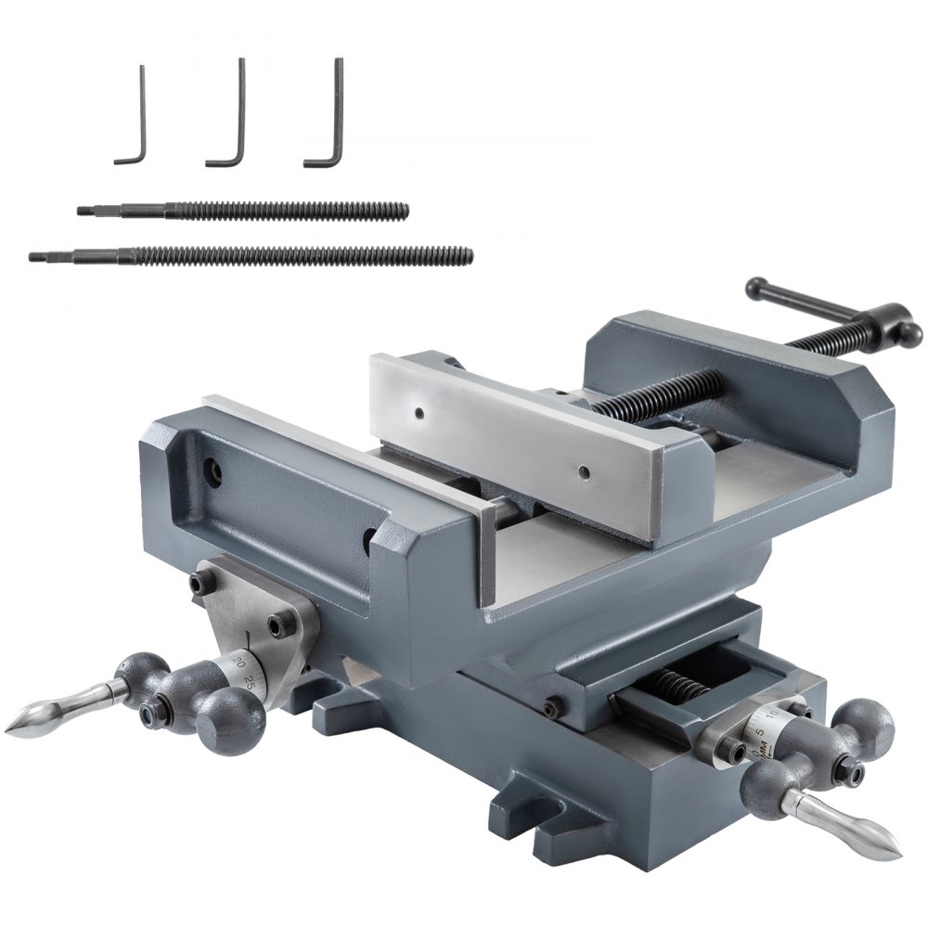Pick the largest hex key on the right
(337, 116)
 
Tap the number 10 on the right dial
(772, 715)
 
